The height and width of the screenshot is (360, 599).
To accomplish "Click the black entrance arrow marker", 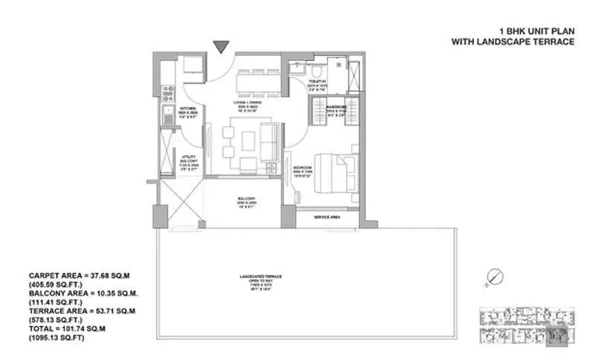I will point(221,48).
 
